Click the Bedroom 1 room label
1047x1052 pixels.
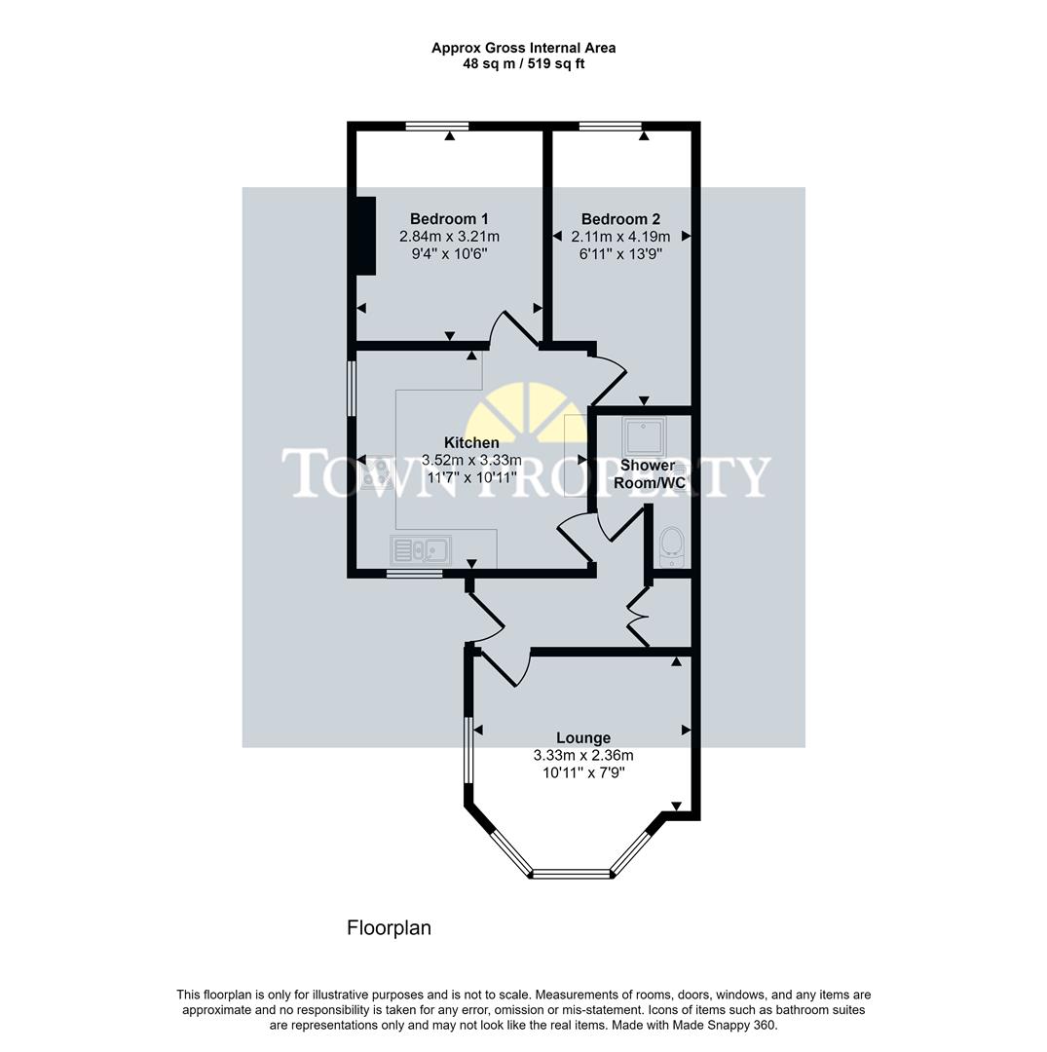click(x=449, y=219)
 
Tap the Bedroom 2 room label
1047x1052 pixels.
click(x=620, y=219)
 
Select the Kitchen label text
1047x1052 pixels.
click(x=471, y=443)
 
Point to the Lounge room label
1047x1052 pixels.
click(x=583, y=738)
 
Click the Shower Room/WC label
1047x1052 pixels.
click(x=649, y=474)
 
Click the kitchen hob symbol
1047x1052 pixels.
click(x=373, y=472)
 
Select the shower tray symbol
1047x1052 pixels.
click(x=643, y=436)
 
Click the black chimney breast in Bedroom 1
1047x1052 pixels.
click(x=365, y=236)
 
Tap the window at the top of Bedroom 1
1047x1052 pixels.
click(x=437, y=126)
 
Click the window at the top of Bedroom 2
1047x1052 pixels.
click(x=610, y=126)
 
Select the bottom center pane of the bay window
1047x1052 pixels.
click(x=572, y=874)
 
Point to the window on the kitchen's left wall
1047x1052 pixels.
click(x=353, y=390)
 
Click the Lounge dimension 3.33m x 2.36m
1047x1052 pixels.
click(x=583, y=755)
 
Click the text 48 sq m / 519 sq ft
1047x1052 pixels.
click(x=524, y=64)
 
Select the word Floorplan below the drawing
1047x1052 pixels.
click(x=389, y=928)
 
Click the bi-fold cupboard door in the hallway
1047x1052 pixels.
click(x=638, y=616)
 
